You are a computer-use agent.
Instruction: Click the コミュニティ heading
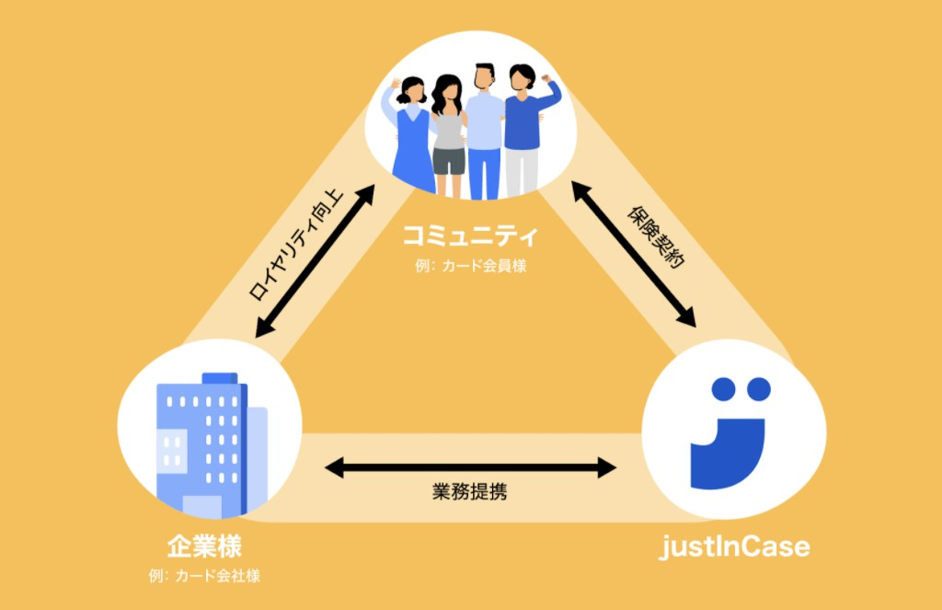click(x=470, y=236)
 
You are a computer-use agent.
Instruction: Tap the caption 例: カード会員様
click(x=470, y=267)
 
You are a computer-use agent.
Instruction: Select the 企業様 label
click(x=204, y=547)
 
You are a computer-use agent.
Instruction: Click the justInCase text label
click(x=736, y=547)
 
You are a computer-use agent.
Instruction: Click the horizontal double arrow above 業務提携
click(x=470, y=468)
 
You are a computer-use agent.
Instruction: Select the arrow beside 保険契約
click(x=634, y=254)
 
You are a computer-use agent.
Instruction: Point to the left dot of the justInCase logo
click(x=724, y=389)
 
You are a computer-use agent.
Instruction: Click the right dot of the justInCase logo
click(x=758, y=389)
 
